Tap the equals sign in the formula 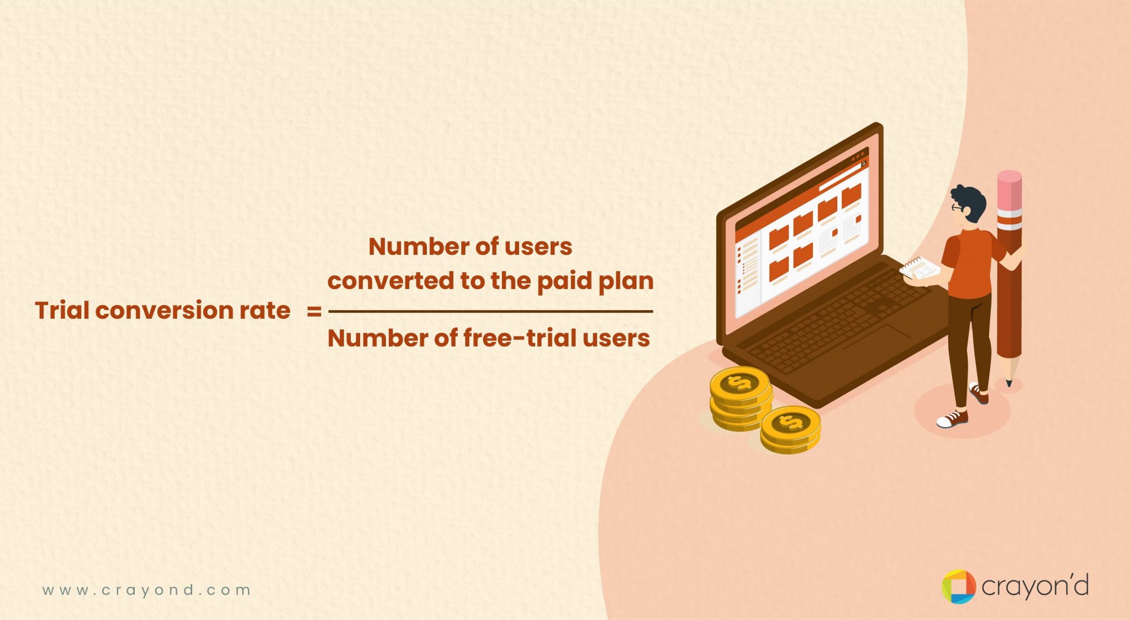(314, 312)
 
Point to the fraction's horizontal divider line (490, 312)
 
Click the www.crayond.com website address (146, 590)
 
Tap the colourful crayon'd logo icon (958, 586)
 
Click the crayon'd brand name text (1034, 586)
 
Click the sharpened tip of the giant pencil (1009, 381)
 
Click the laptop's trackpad (878, 339)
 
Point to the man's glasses (956, 208)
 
